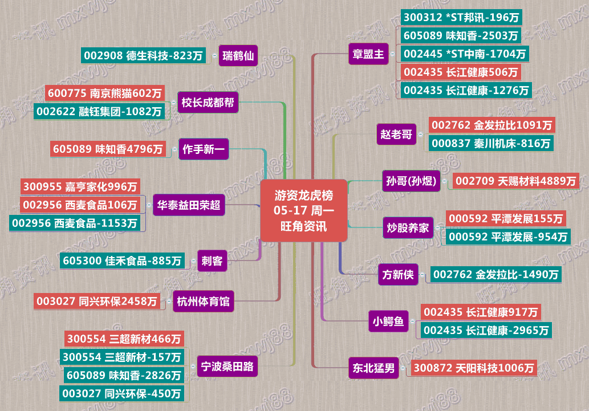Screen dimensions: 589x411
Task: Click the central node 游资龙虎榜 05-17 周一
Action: pos(304,210)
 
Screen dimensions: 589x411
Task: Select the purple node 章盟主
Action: pos(368,55)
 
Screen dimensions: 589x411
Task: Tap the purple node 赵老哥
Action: pos(396,135)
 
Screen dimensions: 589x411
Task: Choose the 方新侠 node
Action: pos(398,275)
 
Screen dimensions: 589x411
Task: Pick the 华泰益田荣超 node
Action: pos(189,205)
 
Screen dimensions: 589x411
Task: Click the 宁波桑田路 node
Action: pos(227,367)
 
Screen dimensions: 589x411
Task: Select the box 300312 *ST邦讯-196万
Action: pos(461,18)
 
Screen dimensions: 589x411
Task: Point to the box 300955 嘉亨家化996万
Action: pos(80,186)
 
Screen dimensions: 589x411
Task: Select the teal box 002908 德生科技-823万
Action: pos(143,56)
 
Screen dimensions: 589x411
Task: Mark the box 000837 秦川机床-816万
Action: pos(491,144)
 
